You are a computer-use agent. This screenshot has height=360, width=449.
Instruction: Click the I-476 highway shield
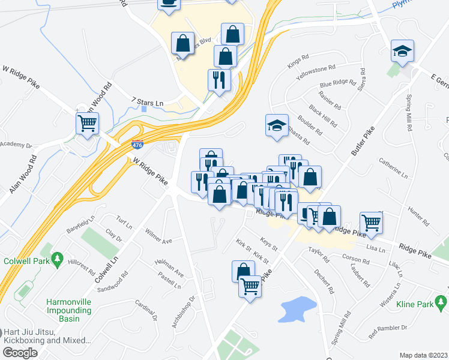coord(137,145)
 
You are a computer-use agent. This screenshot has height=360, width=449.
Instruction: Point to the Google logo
coord(20,353)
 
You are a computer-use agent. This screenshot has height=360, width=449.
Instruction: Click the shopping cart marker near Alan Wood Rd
coord(88,124)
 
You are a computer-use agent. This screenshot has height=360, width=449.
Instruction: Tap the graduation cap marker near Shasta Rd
coord(277,125)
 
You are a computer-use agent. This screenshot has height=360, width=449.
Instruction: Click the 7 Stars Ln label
coord(147,103)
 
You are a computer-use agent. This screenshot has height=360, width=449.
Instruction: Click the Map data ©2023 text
coord(423,355)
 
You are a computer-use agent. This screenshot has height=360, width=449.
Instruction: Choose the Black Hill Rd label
coord(324,115)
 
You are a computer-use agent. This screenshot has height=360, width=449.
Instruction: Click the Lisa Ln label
coord(375,248)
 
